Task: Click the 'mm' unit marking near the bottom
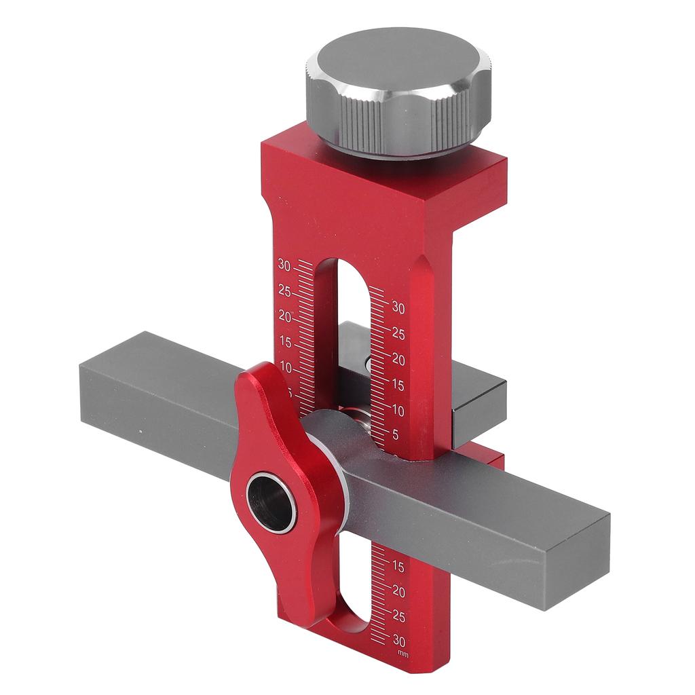click(x=403, y=654)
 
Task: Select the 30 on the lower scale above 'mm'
click(x=399, y=641)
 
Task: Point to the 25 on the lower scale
click(x=399, y=617)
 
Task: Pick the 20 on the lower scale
click(x=399, y=592)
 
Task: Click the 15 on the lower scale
click(x=399, y=567)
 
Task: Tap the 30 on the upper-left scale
click(x=284, y=265)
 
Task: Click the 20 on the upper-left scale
click(x=284, y=317)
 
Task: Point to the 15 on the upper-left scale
click(x=284, y=342)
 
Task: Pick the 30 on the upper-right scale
click(x=398, y=308)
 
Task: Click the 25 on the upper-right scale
click(x=398, y=334)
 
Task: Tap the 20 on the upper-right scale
click(x=398, y=360)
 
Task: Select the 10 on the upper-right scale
click(x=398, y=411)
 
